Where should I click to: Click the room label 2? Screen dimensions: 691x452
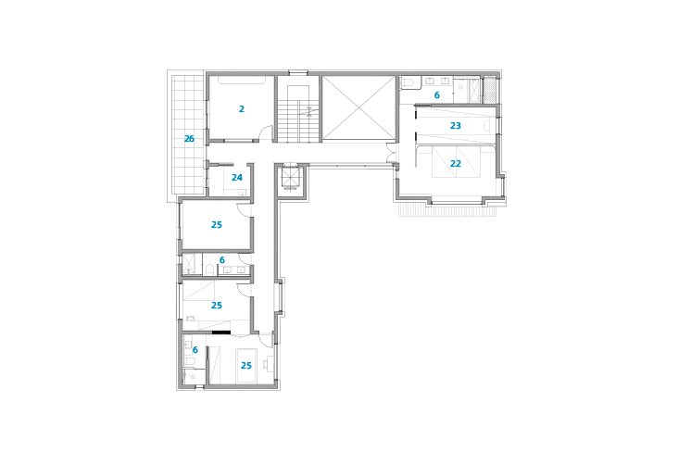point(242,108)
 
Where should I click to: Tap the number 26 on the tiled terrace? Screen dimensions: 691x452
point(189,139)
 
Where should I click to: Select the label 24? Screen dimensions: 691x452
point(237,178)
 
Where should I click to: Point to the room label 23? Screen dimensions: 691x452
point(455,126)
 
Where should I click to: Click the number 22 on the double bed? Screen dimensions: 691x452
point(455,164)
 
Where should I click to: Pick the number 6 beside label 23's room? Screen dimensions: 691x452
point(436,95)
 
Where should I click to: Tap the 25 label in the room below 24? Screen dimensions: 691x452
point(217,225)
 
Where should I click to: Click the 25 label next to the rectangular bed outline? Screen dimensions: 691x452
point(245,366)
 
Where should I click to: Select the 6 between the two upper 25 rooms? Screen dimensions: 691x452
point(222,260)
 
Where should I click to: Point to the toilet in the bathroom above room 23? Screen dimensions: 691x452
point(408,82)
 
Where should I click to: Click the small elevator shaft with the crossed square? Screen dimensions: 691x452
point(291,178)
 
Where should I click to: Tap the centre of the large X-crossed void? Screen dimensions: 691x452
point(358,108)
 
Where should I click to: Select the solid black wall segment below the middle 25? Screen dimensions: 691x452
point(221,333)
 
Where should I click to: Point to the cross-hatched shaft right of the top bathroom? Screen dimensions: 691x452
point(490,90)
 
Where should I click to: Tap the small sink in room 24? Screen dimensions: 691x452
point(242,193)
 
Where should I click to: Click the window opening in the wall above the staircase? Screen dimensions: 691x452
point(298,72)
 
